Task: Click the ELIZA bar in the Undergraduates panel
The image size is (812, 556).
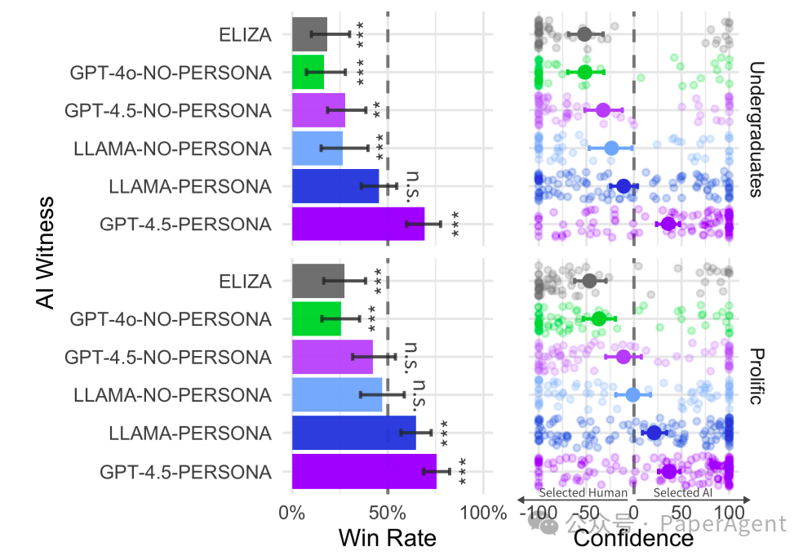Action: pyautogui.click(x=309, y=34)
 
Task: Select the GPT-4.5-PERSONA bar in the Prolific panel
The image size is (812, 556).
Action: pyautogui.click(x=364, y=471)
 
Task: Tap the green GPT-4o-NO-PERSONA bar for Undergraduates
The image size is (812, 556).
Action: pyautogui.click(x=308, y=72)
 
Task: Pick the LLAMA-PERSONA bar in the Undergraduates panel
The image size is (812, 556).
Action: pyautogui.click(x=335, y=186)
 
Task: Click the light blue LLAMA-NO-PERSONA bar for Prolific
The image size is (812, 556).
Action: pyautogui.click(x=337, y=395)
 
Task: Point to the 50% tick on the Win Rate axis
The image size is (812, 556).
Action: pyautogui.click(x=388, y=514)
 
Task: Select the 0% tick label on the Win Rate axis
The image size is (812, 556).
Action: pyautogui.click(x=292, y=514)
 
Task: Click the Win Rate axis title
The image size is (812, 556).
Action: pyautogui.click(x=387, y=538)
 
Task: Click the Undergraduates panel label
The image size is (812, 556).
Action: pyautogui.click(x=755, y=129)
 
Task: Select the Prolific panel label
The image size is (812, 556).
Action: pyautogui.click(x=755, y=376)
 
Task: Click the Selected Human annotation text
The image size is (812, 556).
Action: pyautogui.click(x=583, y=492)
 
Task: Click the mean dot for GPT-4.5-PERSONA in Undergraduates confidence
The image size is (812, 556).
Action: pyautogui.click(x=668, y=224)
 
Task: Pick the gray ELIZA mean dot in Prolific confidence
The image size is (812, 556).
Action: pyautogui.click(x=590, y=281)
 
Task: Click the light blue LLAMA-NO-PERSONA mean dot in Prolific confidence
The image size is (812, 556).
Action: pyautogui.click(x=633, y=395)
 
